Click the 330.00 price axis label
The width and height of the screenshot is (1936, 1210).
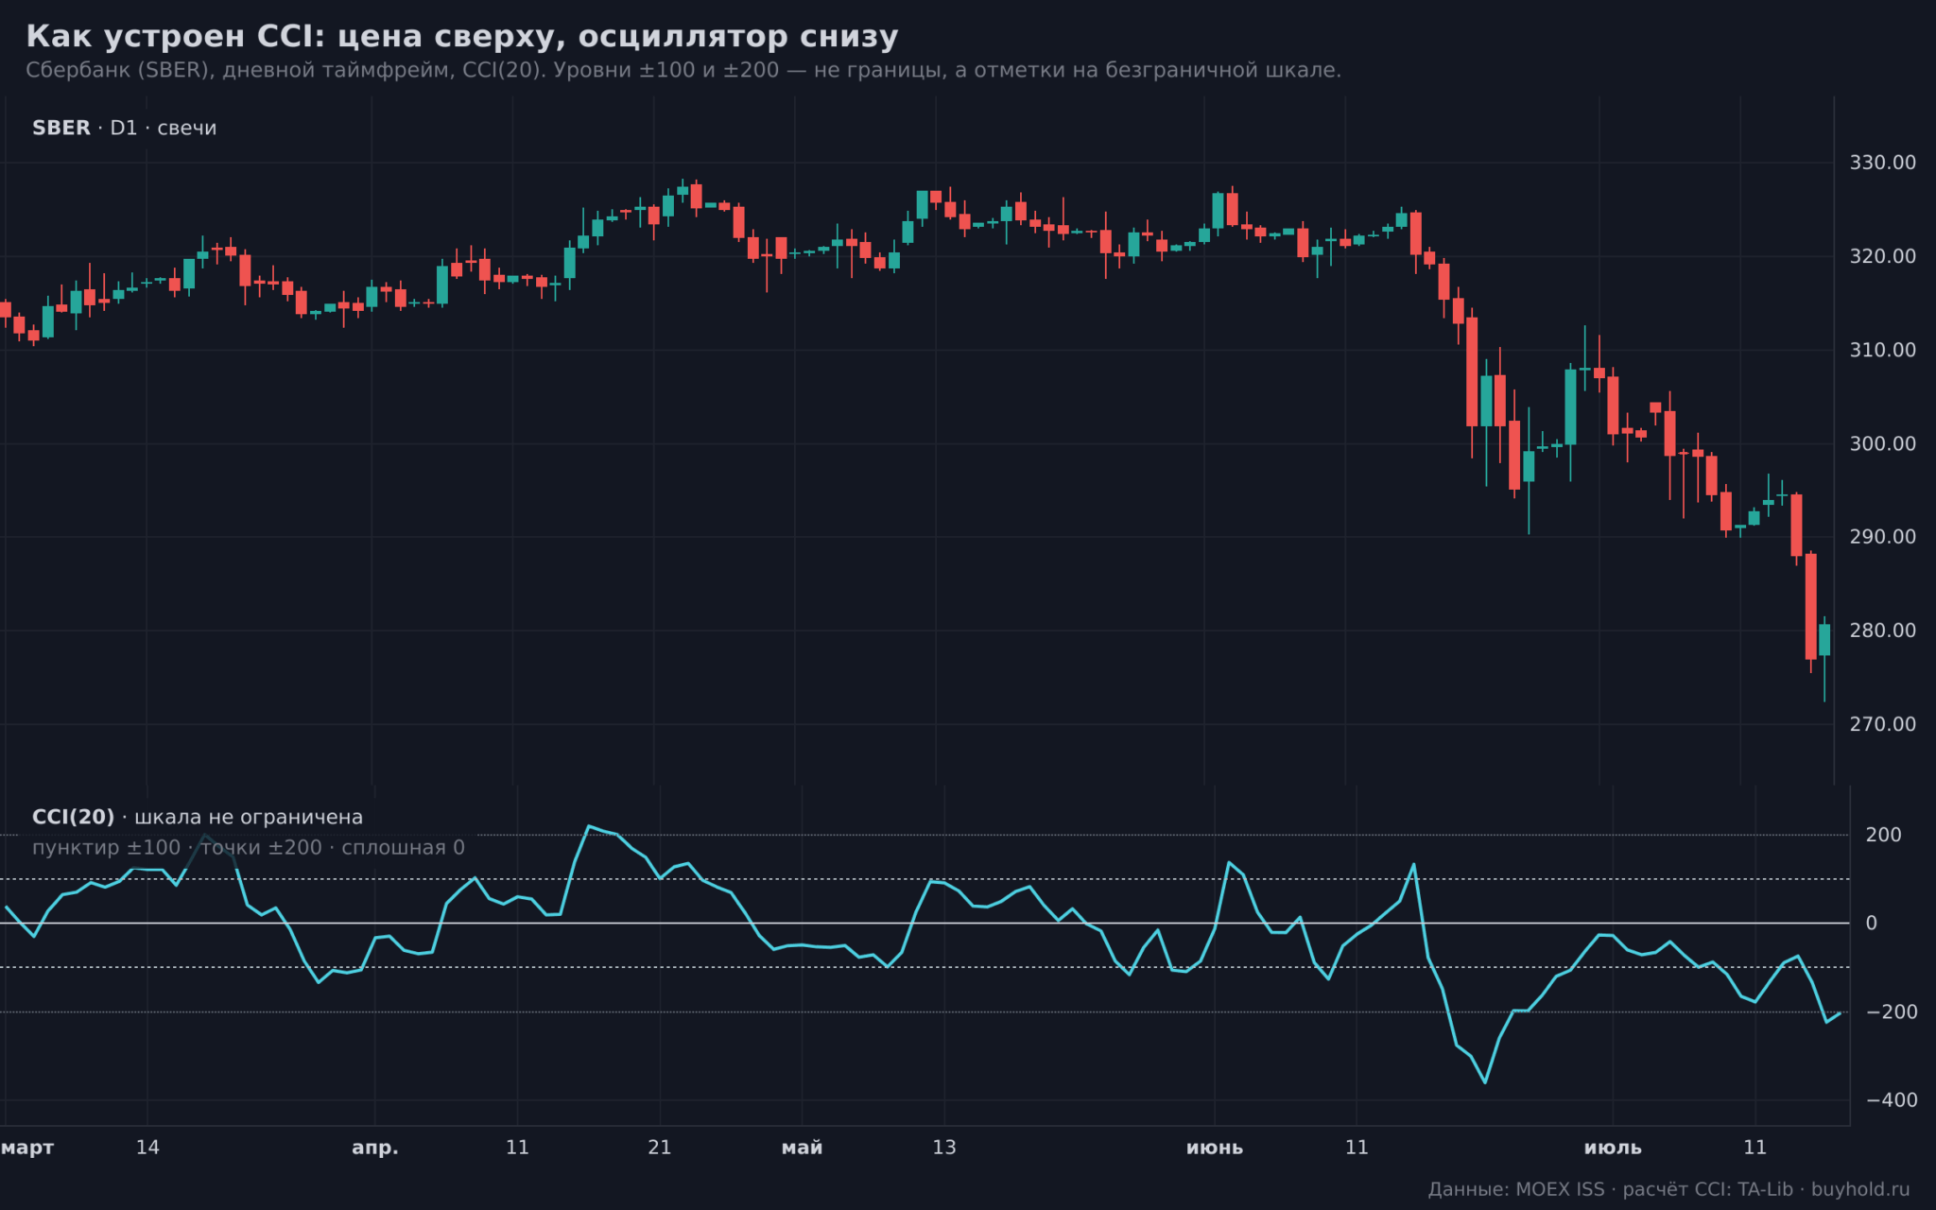point(1882,163)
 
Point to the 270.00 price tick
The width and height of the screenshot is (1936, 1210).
point(1882,724)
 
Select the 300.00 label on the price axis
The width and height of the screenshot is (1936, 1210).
point(1882,443)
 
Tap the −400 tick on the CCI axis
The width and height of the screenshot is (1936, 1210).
point(1892,1100)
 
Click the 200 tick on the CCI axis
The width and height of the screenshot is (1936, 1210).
point(1884,835)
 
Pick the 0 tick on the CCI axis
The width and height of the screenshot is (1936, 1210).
point(1872,924)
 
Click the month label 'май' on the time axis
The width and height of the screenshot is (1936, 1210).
point(802,1148)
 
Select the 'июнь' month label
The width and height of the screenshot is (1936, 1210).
point(1215,1148)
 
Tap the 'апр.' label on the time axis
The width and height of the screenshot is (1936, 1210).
point(375,1148)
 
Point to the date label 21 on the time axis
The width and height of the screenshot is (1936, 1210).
point(660,1148)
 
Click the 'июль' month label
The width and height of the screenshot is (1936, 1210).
point(1613,1148)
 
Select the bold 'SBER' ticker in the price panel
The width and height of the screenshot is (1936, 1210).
point(61,128)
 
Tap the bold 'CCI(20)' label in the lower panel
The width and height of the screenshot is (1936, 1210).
point(73,817)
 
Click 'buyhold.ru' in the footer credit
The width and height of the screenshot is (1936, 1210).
point(1860,1189)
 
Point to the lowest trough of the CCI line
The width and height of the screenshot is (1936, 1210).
point(1485,1082)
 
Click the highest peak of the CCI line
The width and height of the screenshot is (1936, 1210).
point(588,826)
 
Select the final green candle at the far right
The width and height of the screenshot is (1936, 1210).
point(1824,640)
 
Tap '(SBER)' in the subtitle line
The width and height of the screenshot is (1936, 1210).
point(175,71)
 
